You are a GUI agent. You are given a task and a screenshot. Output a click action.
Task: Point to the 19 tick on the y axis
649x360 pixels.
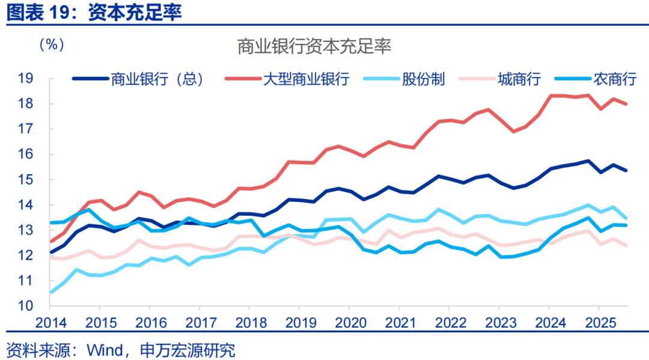pyautogui.click(x=25, y=79)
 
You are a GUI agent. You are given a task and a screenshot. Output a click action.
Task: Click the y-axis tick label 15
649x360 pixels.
pyautogui.click(x=25, y=180)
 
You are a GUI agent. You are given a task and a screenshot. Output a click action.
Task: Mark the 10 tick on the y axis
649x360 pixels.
pyautogui.click(x=25, y=306)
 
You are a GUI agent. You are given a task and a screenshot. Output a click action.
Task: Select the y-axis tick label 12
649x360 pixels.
pyautogui.click(x=25, y=255)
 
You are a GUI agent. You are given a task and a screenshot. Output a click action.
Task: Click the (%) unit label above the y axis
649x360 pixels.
pyautogui.click(x=51, y=46)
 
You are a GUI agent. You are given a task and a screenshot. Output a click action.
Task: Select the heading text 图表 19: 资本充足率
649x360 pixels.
pyautogui.click(x=94, y=13)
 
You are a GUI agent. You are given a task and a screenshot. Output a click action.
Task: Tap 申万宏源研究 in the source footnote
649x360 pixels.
pyautogui.click(x=187, y=349)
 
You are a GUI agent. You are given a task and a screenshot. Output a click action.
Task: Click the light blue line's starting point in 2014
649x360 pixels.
pyautogui.click(x=51, y=292)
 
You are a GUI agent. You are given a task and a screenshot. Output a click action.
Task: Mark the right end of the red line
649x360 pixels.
pyautogui.click(x=627, y=104)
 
